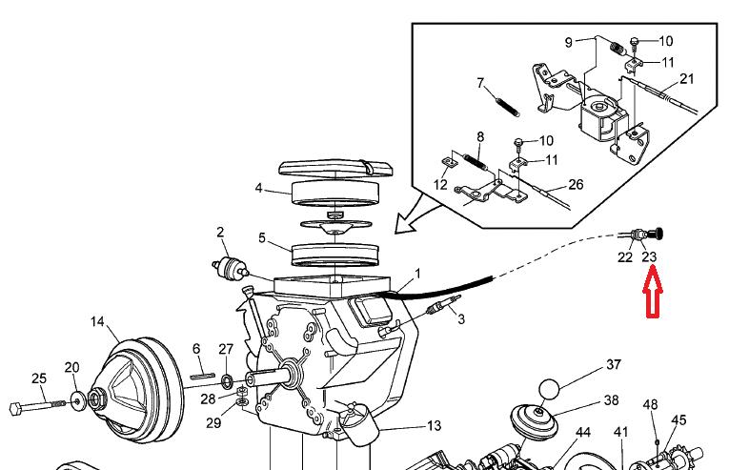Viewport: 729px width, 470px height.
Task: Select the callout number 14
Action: (x=97, y=322)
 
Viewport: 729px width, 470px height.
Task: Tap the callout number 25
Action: (x=39, y=378)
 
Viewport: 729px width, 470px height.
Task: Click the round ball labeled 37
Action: (x=549, y=391)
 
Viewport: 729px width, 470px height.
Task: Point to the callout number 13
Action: (x=434, y=426)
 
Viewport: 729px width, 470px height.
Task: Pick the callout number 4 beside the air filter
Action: (x=258, y=189)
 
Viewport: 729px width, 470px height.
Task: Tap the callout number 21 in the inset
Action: (x=687, y=78)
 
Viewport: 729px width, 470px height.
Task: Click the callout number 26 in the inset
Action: (x=575, y=185)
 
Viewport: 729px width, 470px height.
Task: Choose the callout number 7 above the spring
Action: (x=481, y=83)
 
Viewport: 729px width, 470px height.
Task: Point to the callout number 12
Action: (x=440, y=184)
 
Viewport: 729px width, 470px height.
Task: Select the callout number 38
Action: (x=611, y=400)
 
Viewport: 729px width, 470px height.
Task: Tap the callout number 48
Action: (x=651, y=405)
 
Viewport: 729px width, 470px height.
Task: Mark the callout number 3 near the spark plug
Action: (x=461, y=319)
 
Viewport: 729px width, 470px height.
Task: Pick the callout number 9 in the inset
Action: (x=568, y=42)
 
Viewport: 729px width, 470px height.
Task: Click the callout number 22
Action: (x=625, y=256)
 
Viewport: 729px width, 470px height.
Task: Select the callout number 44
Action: (x=582, y=432)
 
